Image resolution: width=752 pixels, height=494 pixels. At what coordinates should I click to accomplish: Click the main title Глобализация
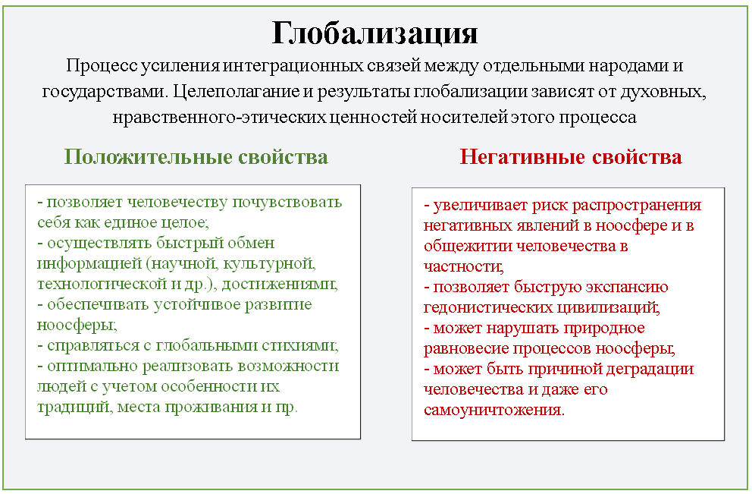[374, 34]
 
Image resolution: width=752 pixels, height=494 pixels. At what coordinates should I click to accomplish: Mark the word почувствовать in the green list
[287, 202]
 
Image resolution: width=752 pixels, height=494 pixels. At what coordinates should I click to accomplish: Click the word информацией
[89, 263]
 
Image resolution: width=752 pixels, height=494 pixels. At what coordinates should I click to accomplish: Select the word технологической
[102, 284]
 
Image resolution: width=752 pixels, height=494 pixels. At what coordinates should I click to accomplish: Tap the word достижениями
[280, 284]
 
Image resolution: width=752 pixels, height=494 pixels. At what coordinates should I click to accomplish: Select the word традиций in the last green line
[75, 407]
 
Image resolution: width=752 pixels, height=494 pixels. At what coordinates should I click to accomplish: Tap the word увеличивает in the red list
[481, 206]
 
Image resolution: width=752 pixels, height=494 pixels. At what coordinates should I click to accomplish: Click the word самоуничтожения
[494, 410]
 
